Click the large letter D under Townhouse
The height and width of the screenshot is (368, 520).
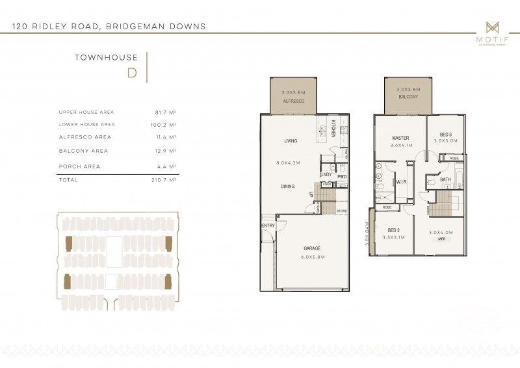click(132, 72)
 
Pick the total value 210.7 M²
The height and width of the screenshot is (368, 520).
click(164, 180)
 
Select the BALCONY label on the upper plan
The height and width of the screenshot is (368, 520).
click(408, 97)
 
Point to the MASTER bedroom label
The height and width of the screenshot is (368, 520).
click(400, 138)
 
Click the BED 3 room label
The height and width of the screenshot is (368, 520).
click(446, 134)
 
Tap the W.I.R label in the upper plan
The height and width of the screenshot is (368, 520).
click(402, 182)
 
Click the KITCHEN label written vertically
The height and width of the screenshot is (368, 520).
click(333, 128)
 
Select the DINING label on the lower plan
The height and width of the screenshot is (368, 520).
click(287, 187)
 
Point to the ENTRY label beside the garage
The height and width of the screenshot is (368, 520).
click(268, 226)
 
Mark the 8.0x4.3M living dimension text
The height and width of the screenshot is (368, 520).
click(287, 163)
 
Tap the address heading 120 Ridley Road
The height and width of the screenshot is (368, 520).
click(109, 27)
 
